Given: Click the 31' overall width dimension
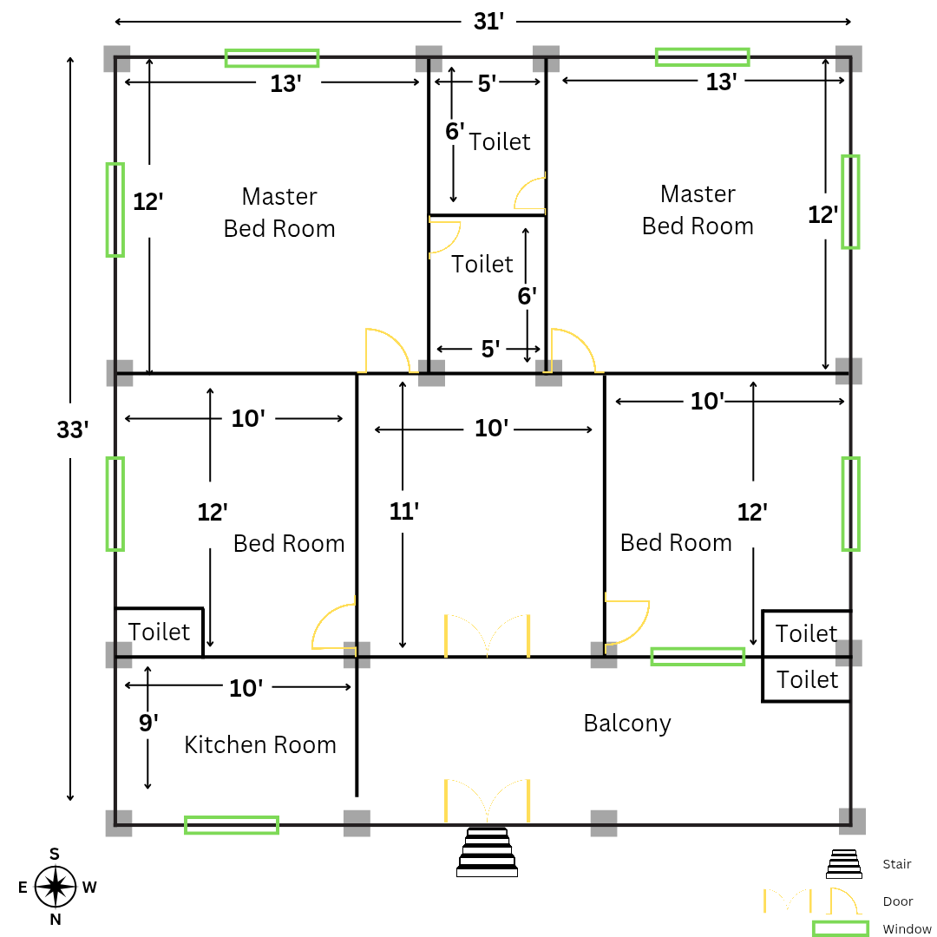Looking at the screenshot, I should point(488,22).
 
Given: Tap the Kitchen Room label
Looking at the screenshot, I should point(260,744).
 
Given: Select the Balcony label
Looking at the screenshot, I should point(627,723).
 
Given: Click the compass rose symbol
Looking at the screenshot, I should point(56,887).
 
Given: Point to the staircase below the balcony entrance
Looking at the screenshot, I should point(487,852).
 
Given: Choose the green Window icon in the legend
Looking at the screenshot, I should point(840,929).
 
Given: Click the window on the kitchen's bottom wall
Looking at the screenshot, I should point(232,825).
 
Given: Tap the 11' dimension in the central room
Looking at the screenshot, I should point(404,511).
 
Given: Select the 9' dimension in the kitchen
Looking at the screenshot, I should point(148,723).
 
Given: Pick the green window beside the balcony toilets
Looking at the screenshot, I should point(698,657).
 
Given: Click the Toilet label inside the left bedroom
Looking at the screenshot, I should point(159,632).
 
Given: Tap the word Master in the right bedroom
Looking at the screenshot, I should point(698,193).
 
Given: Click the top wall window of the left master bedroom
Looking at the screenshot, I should point(272,58).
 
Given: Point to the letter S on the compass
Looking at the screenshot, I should point(55,855).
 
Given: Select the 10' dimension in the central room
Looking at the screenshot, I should point(490,429).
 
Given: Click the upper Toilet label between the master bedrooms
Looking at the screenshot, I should point(500,141).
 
